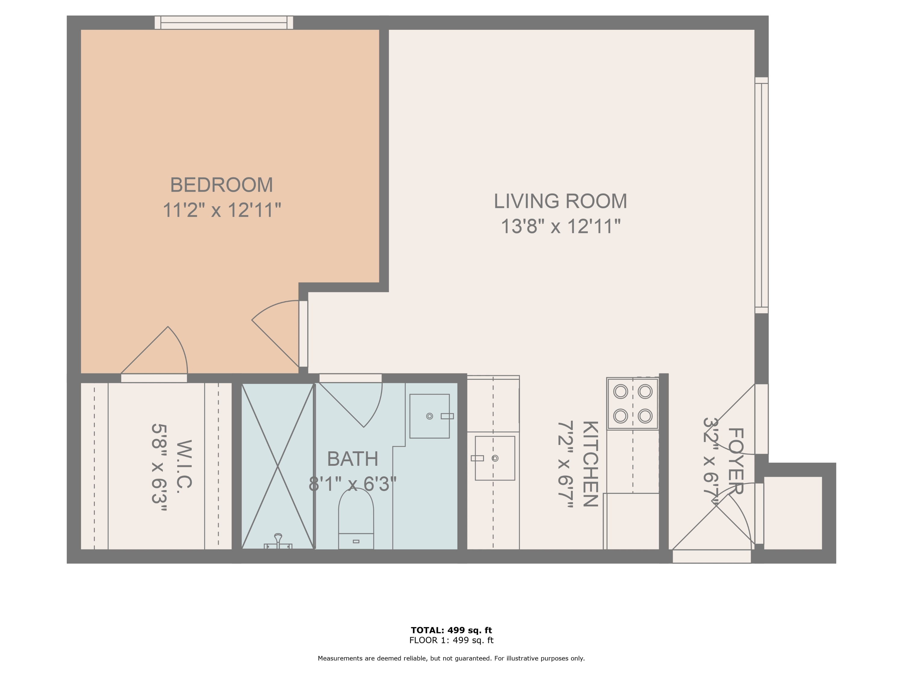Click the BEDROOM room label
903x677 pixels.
221,185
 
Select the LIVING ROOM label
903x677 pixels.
560,201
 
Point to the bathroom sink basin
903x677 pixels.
430,416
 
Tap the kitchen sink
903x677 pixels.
495,458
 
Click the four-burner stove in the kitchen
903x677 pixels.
632,403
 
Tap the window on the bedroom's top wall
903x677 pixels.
224,23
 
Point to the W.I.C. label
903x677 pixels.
183,466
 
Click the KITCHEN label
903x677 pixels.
590,464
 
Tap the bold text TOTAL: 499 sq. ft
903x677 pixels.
451,630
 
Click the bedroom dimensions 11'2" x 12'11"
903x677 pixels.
222,210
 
